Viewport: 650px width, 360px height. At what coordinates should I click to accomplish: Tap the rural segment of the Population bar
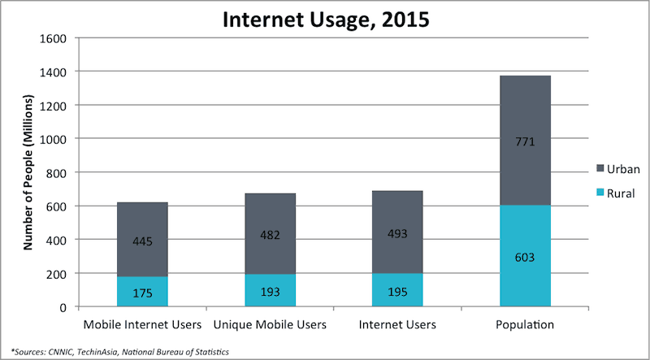click(x=525, y=268)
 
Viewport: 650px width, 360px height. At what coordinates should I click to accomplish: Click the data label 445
click(x=142, y=241)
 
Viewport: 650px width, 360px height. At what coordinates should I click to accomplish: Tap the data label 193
click(x=270, y=291)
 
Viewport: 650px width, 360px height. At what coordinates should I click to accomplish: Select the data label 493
click(x=397, y=233)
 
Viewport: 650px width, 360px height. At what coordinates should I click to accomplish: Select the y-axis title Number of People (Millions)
click(x=28, y=172)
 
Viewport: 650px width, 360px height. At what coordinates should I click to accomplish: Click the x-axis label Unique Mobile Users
click(x=270, y=325)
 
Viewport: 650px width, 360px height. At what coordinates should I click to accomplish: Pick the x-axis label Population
click(x=525, y=325)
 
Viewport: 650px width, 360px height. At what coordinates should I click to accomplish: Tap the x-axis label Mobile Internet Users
click(x=142, y=325)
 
